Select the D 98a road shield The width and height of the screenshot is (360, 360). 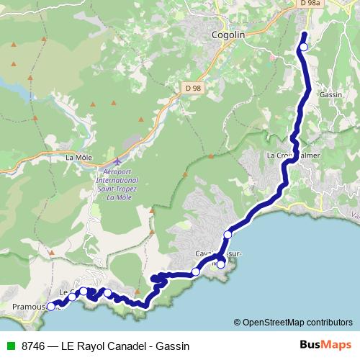click(x=310, y=4)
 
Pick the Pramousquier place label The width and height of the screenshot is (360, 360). click(x=29, y=307)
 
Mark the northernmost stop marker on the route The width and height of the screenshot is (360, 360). click(x=304, y=47)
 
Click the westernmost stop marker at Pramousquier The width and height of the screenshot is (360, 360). click(x=51, y=306)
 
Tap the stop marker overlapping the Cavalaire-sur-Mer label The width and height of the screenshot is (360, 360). click(x=221, y=264)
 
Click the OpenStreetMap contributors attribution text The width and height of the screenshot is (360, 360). click(x=297, y=322)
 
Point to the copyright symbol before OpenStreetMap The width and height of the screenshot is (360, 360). click(x=237, y=322)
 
